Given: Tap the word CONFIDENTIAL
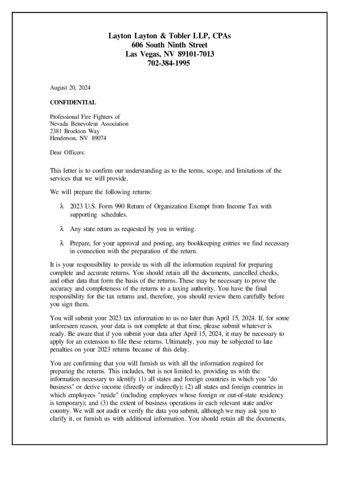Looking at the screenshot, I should coord(73,102).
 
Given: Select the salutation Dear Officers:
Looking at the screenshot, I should coord(67,152).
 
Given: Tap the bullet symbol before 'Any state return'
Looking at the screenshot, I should coord(61,229).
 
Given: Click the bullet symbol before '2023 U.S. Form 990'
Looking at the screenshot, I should coord(61,206).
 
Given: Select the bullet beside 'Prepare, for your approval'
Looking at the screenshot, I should coord(61,244).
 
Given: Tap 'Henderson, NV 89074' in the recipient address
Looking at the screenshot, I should coord(78,138).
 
